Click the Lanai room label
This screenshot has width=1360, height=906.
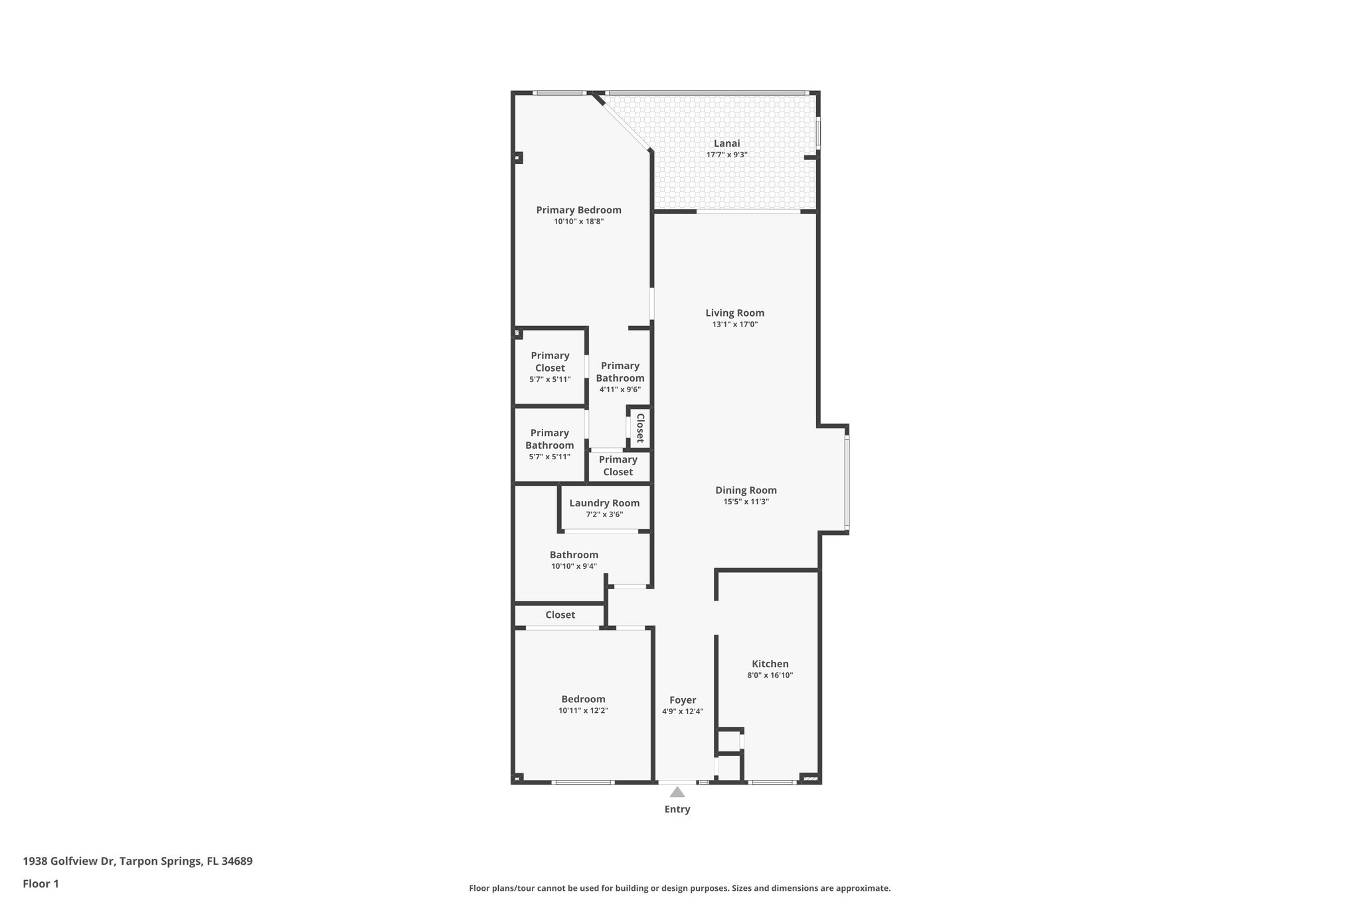(x=726, y=143)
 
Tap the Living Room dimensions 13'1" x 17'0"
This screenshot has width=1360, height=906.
(x=734, y=325)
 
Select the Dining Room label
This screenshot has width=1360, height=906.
(x=746, y=491)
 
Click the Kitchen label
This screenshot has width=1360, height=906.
(x=770, y=664)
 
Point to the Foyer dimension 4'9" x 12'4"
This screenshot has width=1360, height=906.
(x=682, y=712)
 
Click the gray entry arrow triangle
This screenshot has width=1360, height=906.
(x=677, y=792)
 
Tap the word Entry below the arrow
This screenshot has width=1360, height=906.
(x=677, y=809)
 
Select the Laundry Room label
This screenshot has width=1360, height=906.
(x=604, y=503)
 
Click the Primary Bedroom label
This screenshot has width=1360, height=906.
(x=578, y=210)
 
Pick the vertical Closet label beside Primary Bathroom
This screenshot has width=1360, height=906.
(x=640, y=428)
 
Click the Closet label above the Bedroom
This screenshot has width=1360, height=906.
(x=560, y=615)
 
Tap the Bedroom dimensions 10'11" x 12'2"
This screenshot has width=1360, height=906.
(x=583, y=711)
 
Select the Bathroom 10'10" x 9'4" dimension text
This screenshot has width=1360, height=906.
(x=574, y=566)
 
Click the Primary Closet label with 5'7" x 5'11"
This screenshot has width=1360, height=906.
(x=550, y=362)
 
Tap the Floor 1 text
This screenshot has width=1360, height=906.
(x=41, y=883)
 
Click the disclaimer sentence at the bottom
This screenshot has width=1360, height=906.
(x=679, y=888)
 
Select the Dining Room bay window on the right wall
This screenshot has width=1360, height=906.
(x=847, y=483)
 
